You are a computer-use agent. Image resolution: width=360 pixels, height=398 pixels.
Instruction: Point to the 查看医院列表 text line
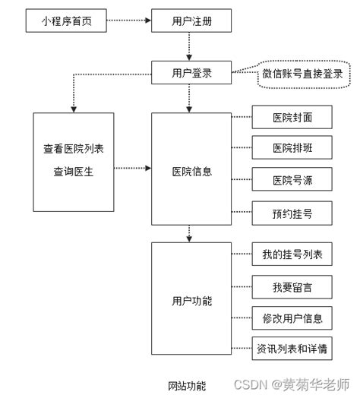(x=73, y=148)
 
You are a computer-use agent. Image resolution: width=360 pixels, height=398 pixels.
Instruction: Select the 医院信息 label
(x=191, y=171)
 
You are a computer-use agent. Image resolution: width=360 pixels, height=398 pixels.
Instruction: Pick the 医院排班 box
(x=292, y=148)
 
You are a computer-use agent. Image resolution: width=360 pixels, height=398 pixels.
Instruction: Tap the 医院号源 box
(x=292, y=180)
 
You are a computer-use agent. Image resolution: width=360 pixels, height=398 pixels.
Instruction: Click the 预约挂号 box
(x=292, y=212)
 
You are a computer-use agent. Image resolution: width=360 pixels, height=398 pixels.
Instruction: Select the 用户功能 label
(x=191, y=301)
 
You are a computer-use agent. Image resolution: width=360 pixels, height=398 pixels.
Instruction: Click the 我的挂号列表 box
(x=292, y=254)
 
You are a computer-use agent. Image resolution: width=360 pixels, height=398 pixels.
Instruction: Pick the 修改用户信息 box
(x=292, y=317)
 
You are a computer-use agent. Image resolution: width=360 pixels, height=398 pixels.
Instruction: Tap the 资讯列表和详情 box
(x=292, y=349)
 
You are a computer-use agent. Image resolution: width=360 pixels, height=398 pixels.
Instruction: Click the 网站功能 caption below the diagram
(x=186, y=385)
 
